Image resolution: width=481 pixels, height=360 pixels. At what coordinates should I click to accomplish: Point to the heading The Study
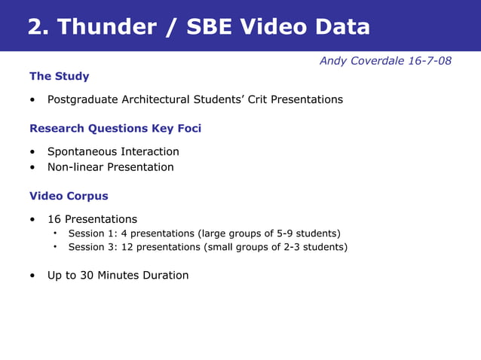(x=59, y=76)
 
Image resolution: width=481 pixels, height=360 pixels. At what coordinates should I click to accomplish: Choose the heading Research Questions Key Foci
(x=115, y=128)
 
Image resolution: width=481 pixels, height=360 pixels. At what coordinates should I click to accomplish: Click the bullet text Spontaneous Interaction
(x=113, y=151)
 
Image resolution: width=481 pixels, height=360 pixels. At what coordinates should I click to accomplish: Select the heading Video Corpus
(x=69, y=196)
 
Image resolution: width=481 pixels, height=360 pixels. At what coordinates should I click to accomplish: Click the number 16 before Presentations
(x=54, y=219)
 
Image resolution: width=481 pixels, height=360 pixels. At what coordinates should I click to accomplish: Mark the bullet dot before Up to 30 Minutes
(x=32, y=276)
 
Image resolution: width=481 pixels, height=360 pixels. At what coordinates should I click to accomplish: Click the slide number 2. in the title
(x=38, y=27)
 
